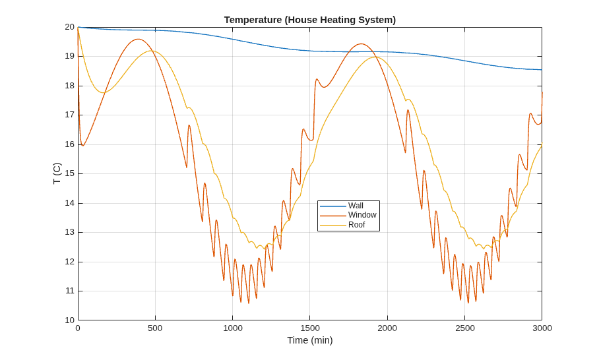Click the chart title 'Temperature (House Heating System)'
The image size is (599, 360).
pyautogui.click(x=310, y=20)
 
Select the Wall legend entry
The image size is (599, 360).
pyautogui.click(x=356, y=206)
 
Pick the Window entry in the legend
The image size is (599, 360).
pyautogui.click(x=362, y=215)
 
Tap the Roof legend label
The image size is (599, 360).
pyautogui.click(x=356, y=225)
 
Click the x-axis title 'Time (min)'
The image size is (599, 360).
pyautogui.click(x=310, y=340)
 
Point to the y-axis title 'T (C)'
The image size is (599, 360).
pyautogui.click(x=57, y=173)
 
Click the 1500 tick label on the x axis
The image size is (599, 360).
pyautogui.click(x=310, y=328)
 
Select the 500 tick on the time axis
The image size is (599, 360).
pyautogui.click(x=155, y=328)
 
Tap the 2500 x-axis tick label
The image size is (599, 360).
pyautogui.click(x=465, y=328)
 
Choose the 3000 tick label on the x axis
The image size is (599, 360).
pyautogui.click(x=542, y=328)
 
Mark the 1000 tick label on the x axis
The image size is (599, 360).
pyautogui.click(x=233, y=328)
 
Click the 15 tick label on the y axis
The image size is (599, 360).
pyautogui.click(x=69, y=173)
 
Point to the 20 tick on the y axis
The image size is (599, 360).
pyautogui.click(x=69, y=27)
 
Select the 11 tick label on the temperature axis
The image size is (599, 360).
pyautogui.click(x=69, y=291)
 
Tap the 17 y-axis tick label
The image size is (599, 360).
pyautogui.click(x=69, y=115)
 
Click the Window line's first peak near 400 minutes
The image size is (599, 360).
pyautogui.click(x=138, y=39)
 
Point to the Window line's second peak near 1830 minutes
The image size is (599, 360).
pyautogui.click(x=361, y=44)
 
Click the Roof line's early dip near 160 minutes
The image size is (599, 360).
pyautogui.click(x=103, y=93)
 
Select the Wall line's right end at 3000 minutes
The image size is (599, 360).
pyautogui.click(x=542, y=70)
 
